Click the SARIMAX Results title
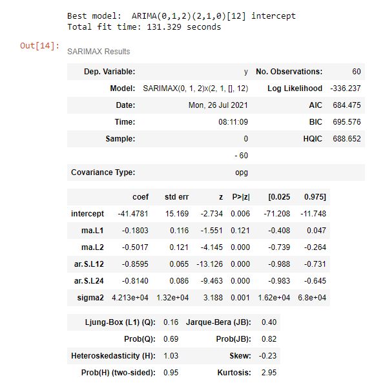[x=99, y=51]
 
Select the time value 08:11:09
[x=233, y=121]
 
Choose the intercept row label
[x=87, y=213]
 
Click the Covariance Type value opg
[x=242, y=172]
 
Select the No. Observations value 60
[x=357, y=71]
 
